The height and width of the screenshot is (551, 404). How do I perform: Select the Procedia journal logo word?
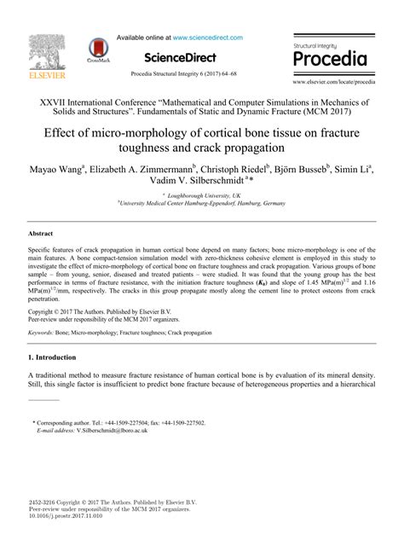pos(330,59)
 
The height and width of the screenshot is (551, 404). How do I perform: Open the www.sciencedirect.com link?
pos(207,38)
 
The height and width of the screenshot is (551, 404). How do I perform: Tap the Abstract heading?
pos(41,233)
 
